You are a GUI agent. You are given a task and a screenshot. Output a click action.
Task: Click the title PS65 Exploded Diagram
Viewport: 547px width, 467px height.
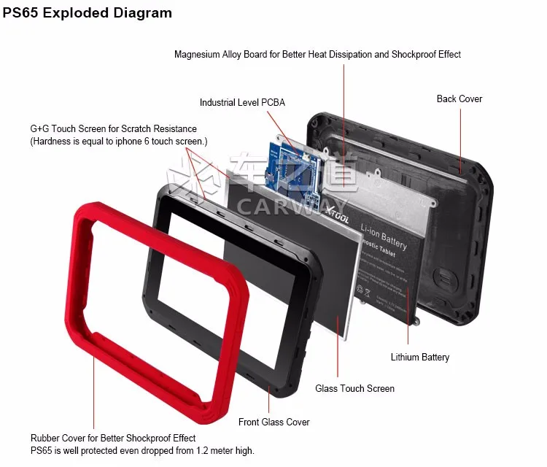88,13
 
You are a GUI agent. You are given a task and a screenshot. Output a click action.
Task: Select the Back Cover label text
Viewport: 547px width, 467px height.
459,99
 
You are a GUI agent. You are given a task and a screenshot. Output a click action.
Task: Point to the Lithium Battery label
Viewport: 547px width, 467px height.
420,357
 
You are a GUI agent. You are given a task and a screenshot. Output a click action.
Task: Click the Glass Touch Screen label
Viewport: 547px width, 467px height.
354,388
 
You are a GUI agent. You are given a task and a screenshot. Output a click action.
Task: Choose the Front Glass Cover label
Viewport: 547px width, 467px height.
273,422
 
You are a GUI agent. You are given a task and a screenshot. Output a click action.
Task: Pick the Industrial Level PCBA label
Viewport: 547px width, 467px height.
242,103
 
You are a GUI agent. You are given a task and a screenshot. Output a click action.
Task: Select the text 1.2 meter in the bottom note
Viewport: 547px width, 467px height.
202,450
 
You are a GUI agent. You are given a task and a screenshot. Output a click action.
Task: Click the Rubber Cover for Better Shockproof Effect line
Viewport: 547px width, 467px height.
113,438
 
